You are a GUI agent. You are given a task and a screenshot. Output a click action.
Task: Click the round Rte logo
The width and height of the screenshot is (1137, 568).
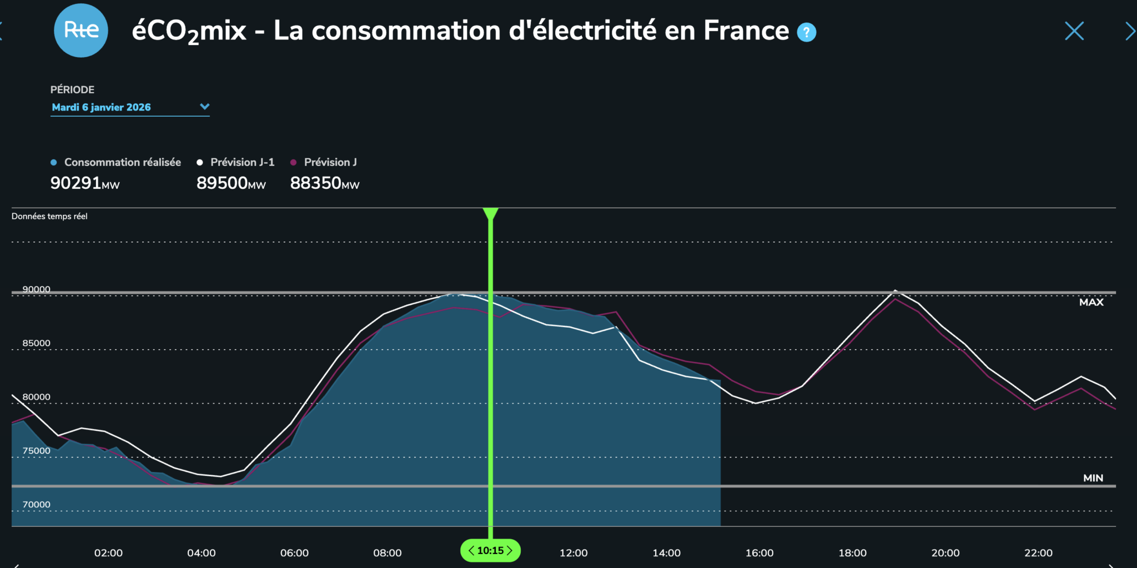(81, 30)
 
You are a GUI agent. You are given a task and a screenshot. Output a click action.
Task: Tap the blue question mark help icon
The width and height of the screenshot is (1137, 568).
(806, 32)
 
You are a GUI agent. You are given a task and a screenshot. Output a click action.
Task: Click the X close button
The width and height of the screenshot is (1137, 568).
(1074, 31)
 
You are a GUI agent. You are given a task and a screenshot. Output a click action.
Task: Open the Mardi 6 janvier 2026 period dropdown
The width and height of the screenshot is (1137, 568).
(130, 107)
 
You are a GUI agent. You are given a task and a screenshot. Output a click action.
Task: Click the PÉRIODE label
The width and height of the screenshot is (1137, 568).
(72, 89)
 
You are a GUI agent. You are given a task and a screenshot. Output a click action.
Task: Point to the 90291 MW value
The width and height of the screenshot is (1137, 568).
(85, 183)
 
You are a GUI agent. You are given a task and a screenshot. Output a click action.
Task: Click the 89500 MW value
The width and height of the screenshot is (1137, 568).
(231, 183)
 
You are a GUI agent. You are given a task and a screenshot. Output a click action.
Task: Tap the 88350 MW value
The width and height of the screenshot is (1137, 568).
(325, 183)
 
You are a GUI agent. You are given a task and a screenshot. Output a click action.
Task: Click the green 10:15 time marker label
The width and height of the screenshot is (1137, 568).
(490, 550)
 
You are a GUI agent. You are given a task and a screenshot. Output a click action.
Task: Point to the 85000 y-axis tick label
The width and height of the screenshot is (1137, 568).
(36, 343)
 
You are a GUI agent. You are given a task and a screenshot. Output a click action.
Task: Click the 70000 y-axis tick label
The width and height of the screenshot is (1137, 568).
(36, 505)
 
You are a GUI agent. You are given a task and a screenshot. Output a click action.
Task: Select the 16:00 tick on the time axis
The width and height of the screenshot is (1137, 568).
(759, 553)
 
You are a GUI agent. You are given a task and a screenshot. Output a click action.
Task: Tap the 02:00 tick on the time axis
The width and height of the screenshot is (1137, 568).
(108, 553)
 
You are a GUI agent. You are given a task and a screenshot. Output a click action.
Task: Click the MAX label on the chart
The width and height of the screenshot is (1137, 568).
(1091, 302)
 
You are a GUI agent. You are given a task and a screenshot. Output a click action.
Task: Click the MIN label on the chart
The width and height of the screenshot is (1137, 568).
(1093, 478)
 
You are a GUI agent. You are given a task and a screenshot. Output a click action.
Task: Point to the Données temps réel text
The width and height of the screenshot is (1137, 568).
(49, 216)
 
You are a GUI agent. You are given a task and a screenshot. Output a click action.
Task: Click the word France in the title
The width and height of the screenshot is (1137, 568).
(746, 30)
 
